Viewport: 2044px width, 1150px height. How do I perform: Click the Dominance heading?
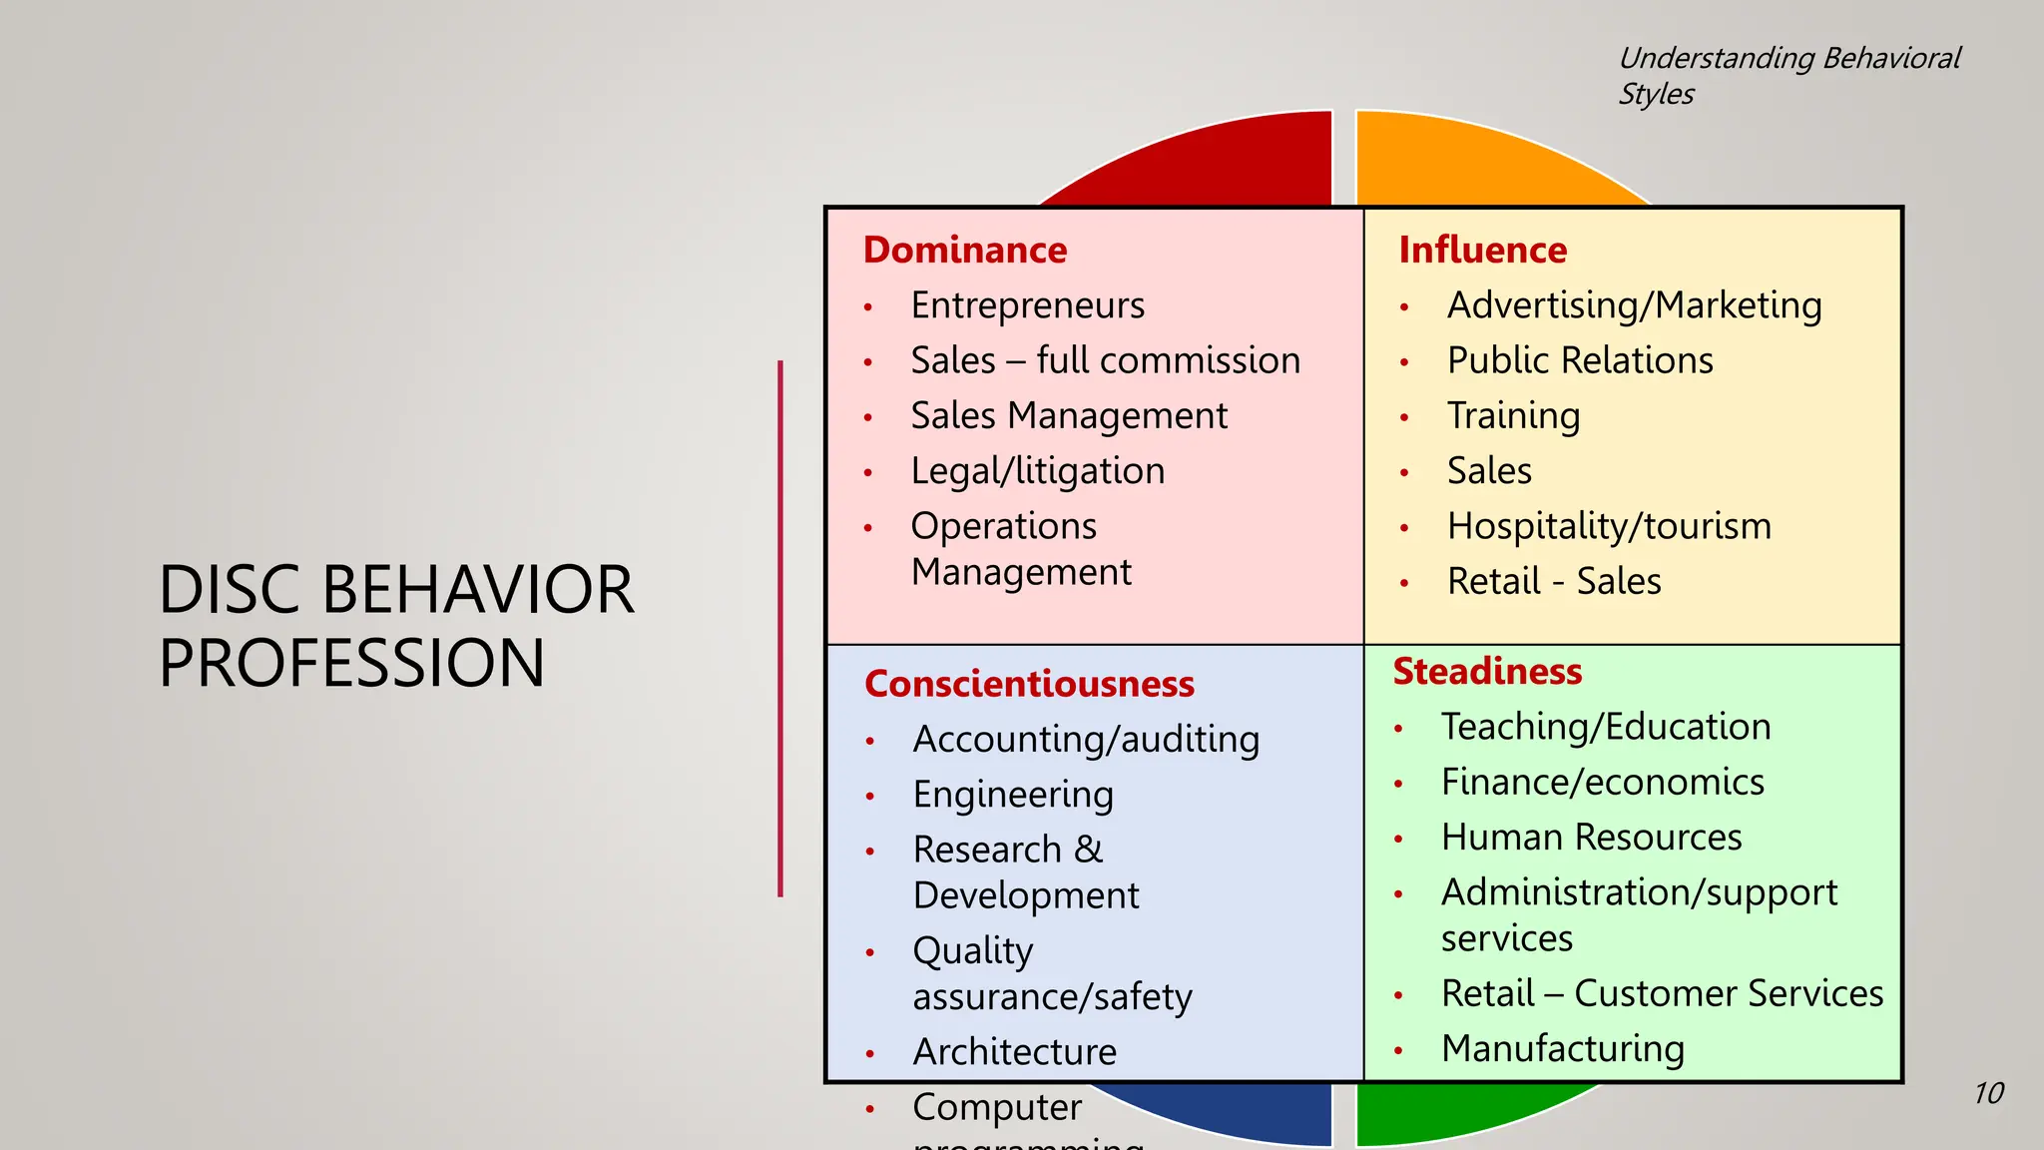(964, 250)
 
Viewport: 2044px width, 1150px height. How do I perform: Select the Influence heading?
(1482, 250)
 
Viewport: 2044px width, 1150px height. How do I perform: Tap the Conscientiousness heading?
(1029, 684)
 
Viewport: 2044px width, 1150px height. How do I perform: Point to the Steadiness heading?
(1487, 671)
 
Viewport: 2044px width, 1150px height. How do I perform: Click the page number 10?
(1988, 1093)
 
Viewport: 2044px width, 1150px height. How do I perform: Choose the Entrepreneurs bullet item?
(1027, 305)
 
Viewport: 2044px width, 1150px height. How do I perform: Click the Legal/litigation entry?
(1037, 471)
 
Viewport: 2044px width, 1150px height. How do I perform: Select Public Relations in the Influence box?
(1579, 360)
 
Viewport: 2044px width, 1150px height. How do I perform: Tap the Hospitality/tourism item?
(1609, 526)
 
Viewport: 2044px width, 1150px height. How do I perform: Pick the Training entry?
(1513, 416)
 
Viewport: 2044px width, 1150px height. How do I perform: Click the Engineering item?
(1012, 795)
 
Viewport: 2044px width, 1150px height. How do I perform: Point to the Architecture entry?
(1014, 1052)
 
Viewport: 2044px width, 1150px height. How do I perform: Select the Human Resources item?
(1591, 837)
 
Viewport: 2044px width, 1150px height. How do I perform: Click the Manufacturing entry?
(1562, 1048)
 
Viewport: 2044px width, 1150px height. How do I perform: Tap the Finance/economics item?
(1602, 782)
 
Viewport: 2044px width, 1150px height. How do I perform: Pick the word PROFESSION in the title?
(351, 663)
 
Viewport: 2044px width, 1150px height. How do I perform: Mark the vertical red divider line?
(780, 629)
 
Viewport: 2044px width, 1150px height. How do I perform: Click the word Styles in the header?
(1656, 94)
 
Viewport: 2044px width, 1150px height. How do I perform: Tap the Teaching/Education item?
(1605, 727)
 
